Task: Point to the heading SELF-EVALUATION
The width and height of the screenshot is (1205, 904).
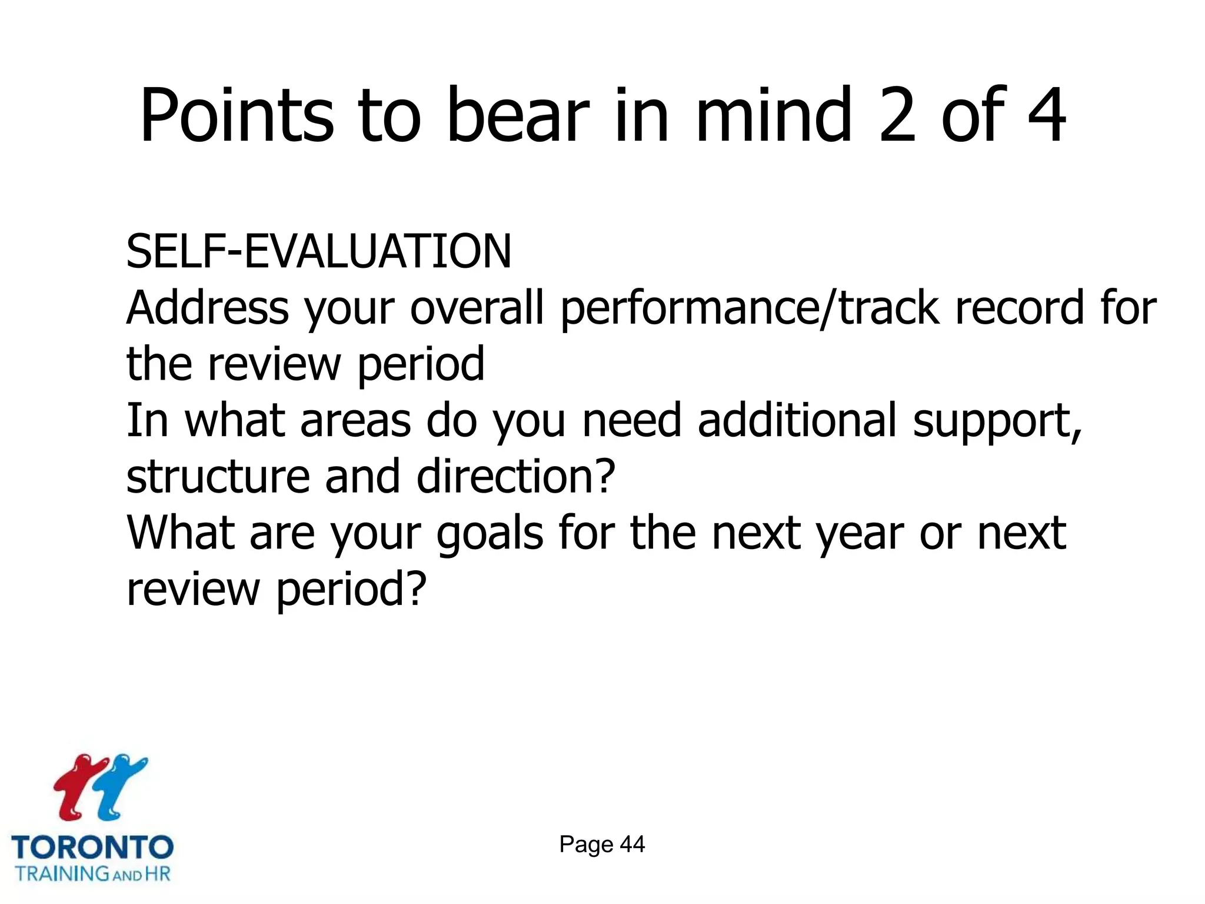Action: (319, 252)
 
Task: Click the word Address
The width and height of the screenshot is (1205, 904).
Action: (208, 308)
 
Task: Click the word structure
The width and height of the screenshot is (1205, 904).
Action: (218, 476)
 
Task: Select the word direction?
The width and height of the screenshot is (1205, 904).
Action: (515, 476)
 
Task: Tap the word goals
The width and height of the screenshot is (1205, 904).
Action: (490, 533)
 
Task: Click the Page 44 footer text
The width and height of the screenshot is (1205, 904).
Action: (602, 845)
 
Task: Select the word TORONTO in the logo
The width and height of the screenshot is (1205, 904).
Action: (92, 848)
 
